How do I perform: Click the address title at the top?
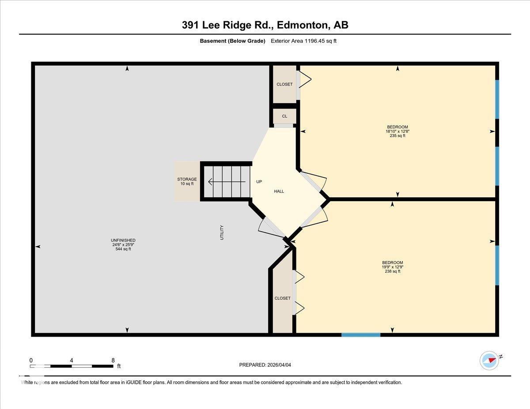265,25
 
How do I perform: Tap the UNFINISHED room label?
123,240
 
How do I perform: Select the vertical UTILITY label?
222,233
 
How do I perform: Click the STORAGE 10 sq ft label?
187,181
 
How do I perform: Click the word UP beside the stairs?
259,181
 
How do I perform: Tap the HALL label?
279,191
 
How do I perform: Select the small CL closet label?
284,116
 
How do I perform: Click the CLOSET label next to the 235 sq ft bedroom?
284,84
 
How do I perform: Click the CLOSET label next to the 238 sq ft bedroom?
283,298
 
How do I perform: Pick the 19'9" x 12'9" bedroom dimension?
392,267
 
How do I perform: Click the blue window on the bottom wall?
361,335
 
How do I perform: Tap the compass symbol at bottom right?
489,360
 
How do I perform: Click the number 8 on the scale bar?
113,360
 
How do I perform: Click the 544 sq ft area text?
123,249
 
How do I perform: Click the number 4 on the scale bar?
72,360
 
